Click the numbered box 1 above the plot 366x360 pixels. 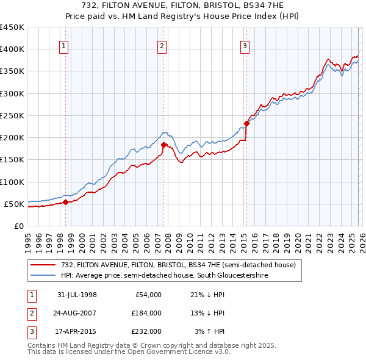pyautogui.click(x=64, y=45)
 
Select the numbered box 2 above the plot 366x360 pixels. pyautogui.click(x=162, y=45)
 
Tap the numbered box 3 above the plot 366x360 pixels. pyautogui.click(x=245, y=45)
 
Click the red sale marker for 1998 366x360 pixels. pyautogui.click(x=66, y=202)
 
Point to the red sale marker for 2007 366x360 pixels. pyautogui.click(x=163, y=145)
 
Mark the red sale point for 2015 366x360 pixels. pyautogui.click(x=246, y=124)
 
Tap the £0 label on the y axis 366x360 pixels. pyautogui.click(x=18, y=226)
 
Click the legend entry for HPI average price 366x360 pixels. pyautogui.click(x=164, y=276)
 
